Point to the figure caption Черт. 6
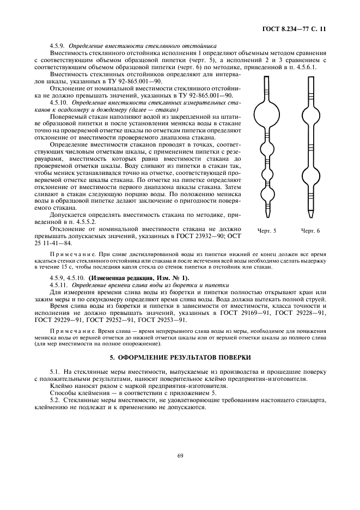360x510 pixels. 310,230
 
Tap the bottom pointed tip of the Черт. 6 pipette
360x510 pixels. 310,213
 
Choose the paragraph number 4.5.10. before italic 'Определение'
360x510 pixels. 59,102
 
